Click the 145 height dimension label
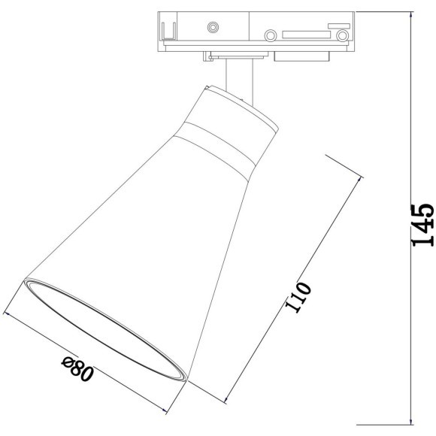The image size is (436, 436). click(x=423, y=225)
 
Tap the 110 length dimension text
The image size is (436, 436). click(x=298, y=297)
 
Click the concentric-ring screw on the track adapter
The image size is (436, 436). click(x=213, y=27)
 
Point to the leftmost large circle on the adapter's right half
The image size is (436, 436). click(x=271, y=35)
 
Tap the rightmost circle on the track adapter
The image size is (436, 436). click(x=342, y=35)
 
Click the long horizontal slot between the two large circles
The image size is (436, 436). click(x=307, y=35)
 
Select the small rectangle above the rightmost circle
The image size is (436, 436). click(x=339, y=26)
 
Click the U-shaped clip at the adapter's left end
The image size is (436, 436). click(x=169, y=31)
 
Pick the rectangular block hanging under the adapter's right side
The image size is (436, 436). click(x=302, y=56)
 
